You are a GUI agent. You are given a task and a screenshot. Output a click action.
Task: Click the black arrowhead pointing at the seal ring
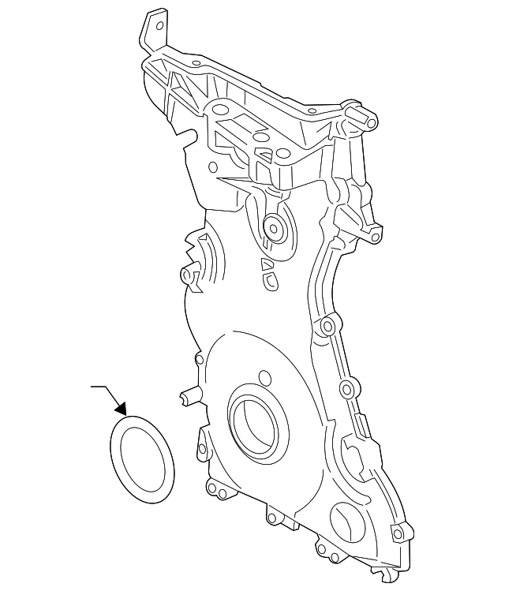121,408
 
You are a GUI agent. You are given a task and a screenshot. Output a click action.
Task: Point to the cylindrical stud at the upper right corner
368,119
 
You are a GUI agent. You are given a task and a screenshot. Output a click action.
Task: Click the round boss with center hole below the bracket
274,229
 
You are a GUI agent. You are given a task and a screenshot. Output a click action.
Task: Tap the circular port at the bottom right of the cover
346,522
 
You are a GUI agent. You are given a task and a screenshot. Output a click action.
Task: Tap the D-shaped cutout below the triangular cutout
269,278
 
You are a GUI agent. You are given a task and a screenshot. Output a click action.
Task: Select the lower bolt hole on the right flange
345,387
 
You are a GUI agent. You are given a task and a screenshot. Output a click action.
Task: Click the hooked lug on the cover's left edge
189,275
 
